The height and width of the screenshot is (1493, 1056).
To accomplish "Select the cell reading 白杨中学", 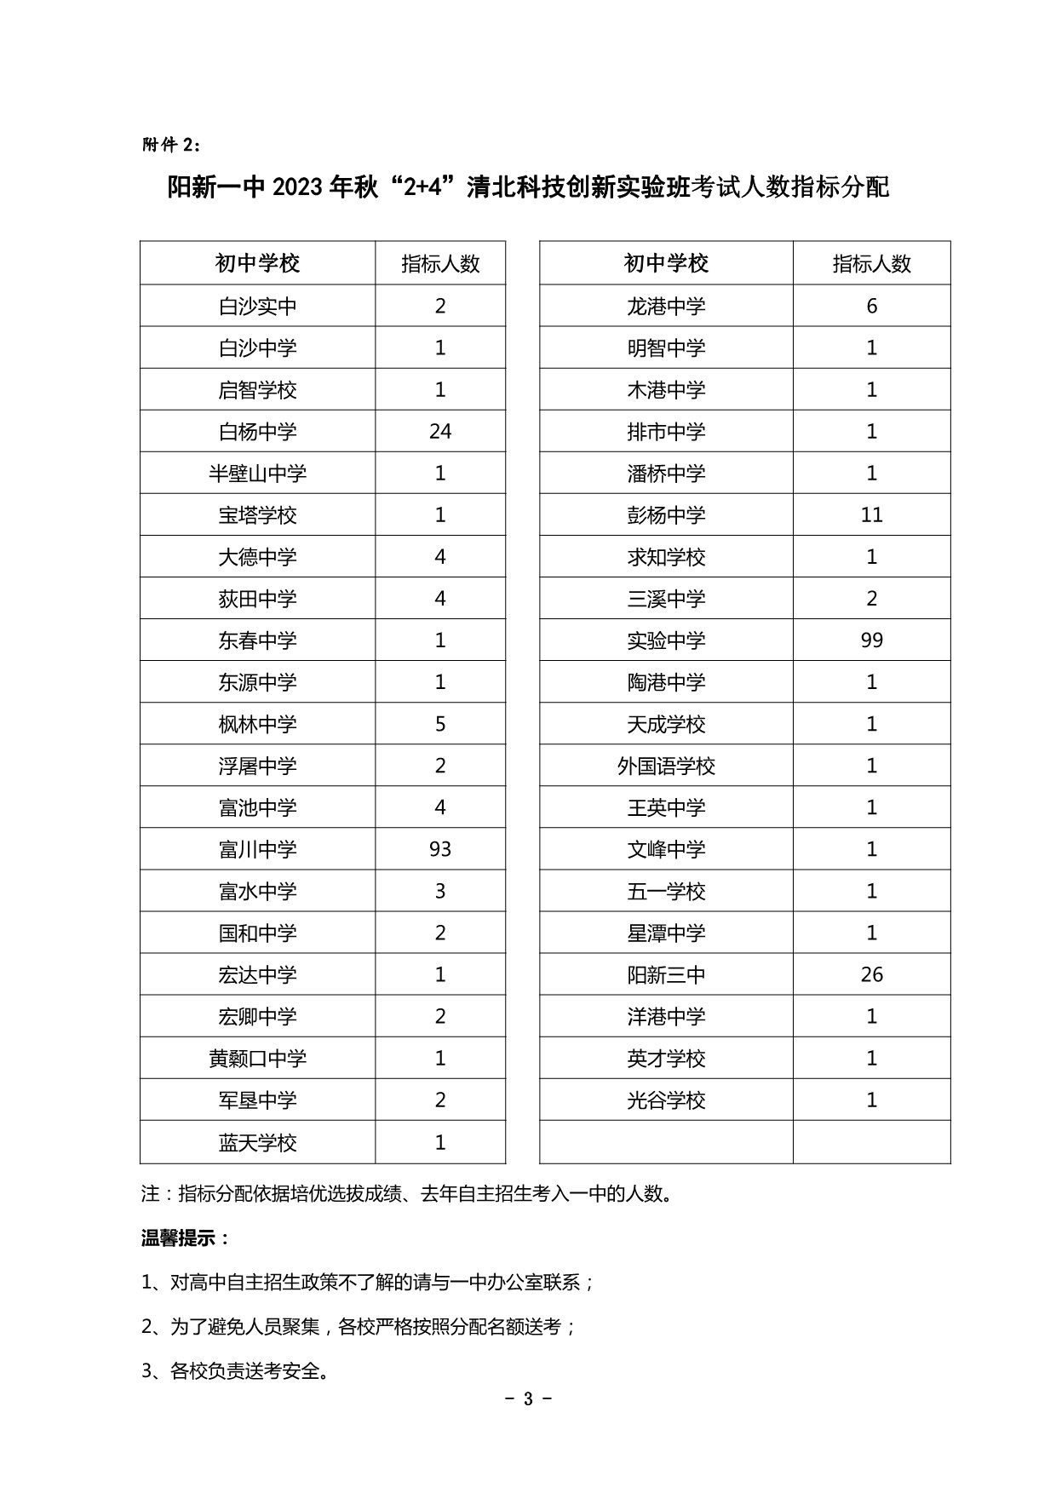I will point(257,432).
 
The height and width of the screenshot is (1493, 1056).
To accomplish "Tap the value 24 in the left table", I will point(439,432).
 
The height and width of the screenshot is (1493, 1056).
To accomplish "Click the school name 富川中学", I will point(257,850).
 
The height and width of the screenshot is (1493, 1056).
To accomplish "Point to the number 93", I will point(439,850).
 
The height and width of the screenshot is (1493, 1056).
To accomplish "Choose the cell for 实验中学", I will point(666,640).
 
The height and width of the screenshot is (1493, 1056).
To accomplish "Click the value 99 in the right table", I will point(871,640).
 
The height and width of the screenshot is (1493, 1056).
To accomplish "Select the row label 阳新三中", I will point(666,975).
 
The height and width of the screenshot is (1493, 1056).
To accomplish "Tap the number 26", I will point(871,975).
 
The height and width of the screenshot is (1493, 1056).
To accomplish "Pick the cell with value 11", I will point(871,515).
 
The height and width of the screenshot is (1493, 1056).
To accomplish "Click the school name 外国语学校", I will point(666,767).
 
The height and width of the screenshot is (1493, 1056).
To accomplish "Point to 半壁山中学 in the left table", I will point(257,474).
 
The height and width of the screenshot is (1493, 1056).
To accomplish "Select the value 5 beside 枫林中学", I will point(439,724).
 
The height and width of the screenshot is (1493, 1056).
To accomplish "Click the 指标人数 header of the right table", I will point(871,264).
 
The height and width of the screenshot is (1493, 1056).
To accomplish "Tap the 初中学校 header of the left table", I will point(257,264).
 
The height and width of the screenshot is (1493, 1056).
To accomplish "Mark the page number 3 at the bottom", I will point(528,1399).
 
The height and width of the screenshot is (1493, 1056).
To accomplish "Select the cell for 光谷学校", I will point(666,1100).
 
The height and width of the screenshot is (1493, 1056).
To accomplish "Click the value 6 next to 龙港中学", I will point(871,307).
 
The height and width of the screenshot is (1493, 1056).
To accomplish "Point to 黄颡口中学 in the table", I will point(257,1059).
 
